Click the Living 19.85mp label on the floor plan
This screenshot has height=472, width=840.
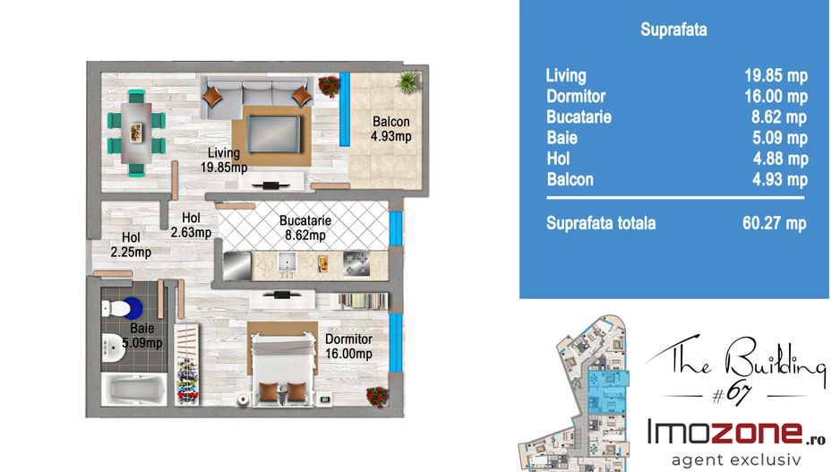pos(224,160)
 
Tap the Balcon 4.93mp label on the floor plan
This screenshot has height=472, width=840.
pos(391,129)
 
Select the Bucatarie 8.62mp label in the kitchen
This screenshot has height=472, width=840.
pos(304,227)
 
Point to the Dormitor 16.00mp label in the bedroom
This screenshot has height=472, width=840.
pos(348,347)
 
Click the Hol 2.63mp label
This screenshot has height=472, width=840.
pos(192,225)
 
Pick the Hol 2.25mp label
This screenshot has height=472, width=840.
pos(131,245)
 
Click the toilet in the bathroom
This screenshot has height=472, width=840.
pos(122,309)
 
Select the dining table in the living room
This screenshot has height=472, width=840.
pos(136,133)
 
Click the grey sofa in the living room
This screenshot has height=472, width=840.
pos(256,97)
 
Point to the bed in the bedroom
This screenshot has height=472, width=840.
pos(283,368)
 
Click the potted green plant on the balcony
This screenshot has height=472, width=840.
pos(407,82)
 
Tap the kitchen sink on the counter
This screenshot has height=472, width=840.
pos(287,265)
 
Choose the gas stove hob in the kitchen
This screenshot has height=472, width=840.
pos(356,263)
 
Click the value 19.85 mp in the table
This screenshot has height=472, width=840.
pos(776,76)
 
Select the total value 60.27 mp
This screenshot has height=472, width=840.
pos(774,223)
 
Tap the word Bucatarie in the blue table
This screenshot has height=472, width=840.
pos(579,116)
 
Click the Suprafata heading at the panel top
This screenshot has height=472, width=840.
pos(673,30)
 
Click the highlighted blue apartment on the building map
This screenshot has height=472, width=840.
pos(608,392)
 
